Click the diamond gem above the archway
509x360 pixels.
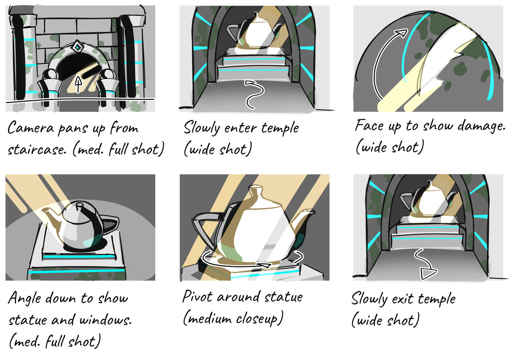coord(77,48)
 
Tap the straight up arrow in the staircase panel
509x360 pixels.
coord(78,84)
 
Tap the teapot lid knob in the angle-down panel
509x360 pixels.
coord(80,205)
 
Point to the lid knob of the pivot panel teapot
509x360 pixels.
coord(256,190)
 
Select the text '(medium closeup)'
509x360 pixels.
coord(233,319)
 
